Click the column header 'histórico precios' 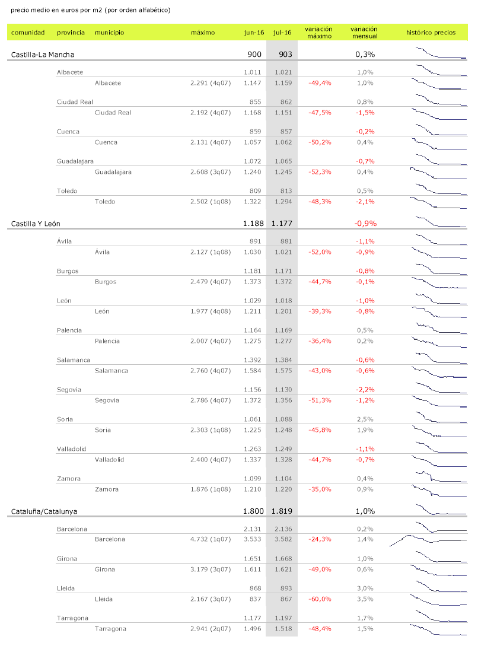pyautogui.click(x=431, y=33)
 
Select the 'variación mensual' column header pyautogui.click(x=364, y=33)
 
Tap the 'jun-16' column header pyautogui.click(x=254, y=33)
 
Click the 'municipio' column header pyautogui.click(x=110, y=33)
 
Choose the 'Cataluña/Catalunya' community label pyautogui.click(x=44, y=511)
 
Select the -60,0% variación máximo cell pyautogui.click(x=320, y=599)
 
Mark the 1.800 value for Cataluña pyautogui.click(x=253, y=511)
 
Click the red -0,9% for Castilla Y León pyautogui.click(x=365, y=224)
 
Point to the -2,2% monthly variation pyautogui.click(x=365, y=390)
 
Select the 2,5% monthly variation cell pyautogui.click(x=365, y=419)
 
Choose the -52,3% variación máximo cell pyautogui.click(x=320, y=172)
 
